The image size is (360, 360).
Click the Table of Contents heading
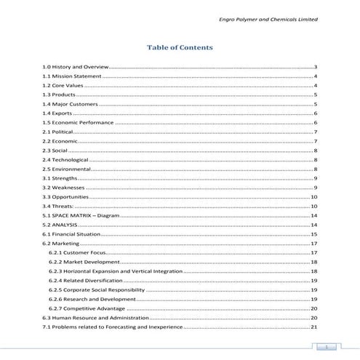point(180,47)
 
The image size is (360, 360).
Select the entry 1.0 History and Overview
point(75,67)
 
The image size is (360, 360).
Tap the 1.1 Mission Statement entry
point(71,76)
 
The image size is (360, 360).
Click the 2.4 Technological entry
point(65,159)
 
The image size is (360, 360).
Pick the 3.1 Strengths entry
point(60,178)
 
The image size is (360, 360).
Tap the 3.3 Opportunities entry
point(65,197)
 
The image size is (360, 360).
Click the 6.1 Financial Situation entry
point(73,234)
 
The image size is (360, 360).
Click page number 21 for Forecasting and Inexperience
point(314,327)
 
